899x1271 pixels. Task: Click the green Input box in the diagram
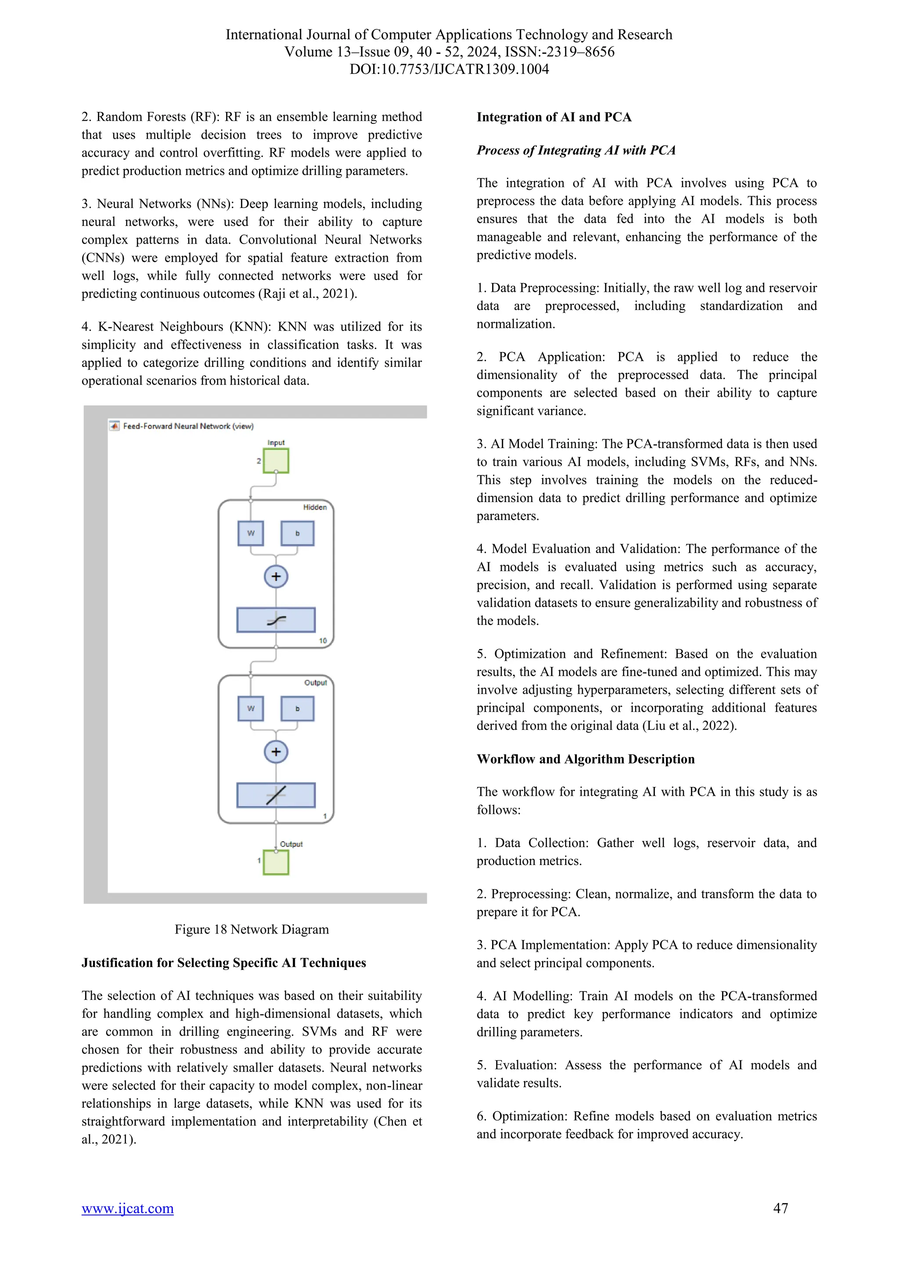[276, 460]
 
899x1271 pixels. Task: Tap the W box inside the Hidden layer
[251, 533]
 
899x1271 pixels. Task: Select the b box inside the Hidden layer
[297, 533]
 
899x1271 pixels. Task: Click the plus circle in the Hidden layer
[276, 576]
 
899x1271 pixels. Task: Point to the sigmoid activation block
[276, 620]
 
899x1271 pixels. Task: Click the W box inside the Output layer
[251, 708]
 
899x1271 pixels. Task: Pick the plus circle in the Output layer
[276, 752]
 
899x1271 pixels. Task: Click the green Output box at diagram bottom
[276, 862]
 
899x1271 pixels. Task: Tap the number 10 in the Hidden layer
[323, 640]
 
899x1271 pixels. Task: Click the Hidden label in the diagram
[314, 507]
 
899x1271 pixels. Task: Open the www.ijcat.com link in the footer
[127, 1208]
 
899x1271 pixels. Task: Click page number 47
[780, 1208]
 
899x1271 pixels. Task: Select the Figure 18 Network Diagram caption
[252, 930]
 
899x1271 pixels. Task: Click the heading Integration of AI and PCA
[554, 117]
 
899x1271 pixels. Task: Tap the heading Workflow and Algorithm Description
[585, 759]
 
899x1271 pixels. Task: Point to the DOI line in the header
[449, 69]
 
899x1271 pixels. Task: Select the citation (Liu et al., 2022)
[689, 726]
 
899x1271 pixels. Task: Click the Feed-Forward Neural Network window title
[188, 426]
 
